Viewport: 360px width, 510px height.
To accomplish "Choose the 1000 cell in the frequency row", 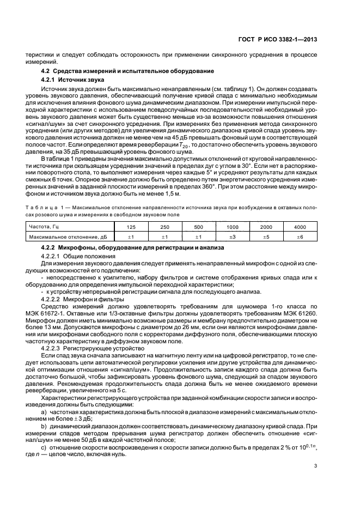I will coord(233,226).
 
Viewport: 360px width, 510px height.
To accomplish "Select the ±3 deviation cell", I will coord(233,236).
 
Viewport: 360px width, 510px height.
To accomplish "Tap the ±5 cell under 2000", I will coord(266,236).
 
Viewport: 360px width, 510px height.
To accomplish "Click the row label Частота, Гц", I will coord(41,226).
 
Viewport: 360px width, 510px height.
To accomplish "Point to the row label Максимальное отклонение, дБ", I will coord(61,236).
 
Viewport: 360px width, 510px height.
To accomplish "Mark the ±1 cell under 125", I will coord(131,236).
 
